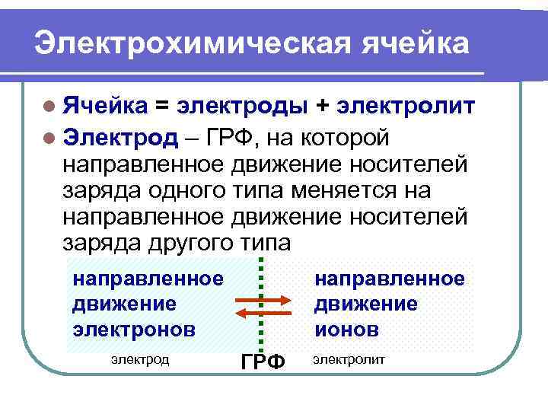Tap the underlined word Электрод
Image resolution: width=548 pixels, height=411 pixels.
pyautogui.click(x=120, y=138)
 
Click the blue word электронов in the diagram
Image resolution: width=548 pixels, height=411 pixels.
pyautogui.click(x=134, y=330)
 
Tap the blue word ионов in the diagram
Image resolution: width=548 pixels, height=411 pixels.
pyautogui.click(x=346, y=330)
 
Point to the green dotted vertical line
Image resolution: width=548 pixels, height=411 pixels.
pyautogui.click(x=261, y=335)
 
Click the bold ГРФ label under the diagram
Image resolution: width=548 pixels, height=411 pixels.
pyautogui.click(x=263, y=362)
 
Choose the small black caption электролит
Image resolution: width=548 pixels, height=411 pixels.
pyautogui.click(x=349, y=358)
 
